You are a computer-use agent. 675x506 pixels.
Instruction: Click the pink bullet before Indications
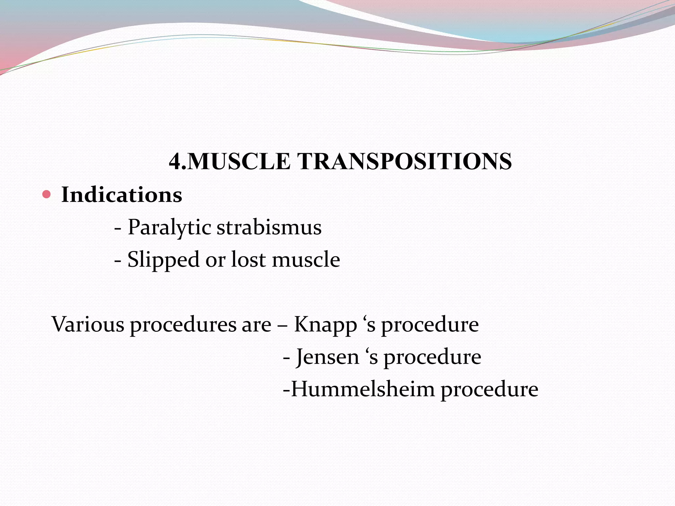[46, 194]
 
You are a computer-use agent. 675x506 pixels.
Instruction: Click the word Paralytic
[169, 227]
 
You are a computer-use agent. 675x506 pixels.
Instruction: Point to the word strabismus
[269, 227]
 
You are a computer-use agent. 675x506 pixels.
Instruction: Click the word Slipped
[163, 259]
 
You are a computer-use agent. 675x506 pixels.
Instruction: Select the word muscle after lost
[306, 259]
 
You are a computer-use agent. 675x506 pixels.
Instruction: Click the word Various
[88, 324]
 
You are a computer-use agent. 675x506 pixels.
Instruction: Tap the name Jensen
[328, 357]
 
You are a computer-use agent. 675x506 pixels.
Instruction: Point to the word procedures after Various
[183, 325]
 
